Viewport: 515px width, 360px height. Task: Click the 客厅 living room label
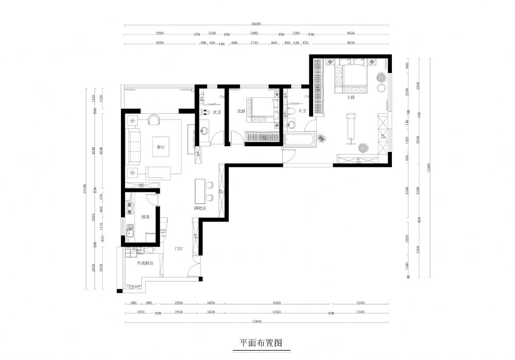click(160, 147)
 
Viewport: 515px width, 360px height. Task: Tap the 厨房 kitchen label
click(145, 217)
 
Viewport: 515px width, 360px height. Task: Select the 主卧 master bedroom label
click(352, 97)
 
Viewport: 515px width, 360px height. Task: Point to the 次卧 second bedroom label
click(241, 111)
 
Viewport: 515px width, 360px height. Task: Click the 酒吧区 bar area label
click(200, 209)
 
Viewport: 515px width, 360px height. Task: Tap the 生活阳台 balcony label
click(145, 263)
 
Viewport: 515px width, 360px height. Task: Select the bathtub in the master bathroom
click(299, 140)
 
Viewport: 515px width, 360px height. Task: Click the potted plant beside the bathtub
click(322, 138)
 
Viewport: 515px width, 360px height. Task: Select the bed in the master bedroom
click(352, 77)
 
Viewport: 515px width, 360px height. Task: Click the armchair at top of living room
click(154, 120)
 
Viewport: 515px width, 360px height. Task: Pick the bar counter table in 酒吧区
click(199, 191)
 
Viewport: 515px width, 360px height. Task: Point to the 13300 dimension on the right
click(428, 167)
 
